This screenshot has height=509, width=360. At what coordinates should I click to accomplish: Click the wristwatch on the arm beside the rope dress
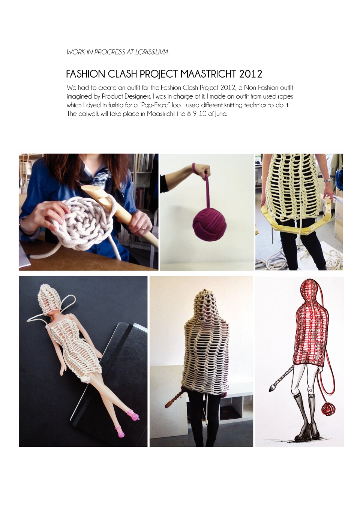point(327,180)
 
